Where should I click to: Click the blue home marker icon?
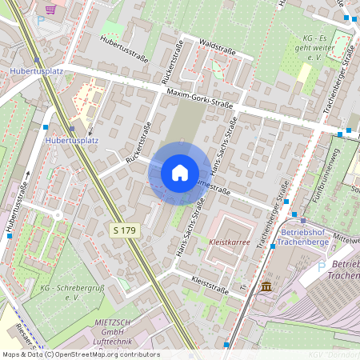click(x=179, y=173)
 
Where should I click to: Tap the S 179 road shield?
click(x=123, y=230)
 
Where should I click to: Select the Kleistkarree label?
click(x=230, y=240)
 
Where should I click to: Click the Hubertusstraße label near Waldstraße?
click(x=125, y=45)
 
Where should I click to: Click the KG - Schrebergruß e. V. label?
click(x=61, y=292)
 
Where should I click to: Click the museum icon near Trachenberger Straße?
click(x=266, y=286)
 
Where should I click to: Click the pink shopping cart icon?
click(x=51, y=10)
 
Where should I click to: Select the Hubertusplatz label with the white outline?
click(x=73, y=141)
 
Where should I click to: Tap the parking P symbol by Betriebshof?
click(x=322, y=265)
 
